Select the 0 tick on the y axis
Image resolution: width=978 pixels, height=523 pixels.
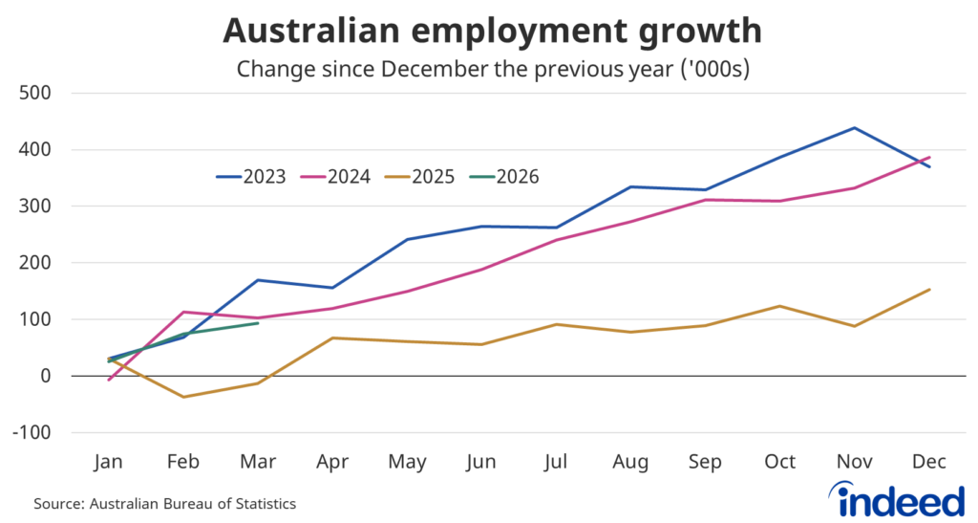pyautogui.click(x=46, y=376)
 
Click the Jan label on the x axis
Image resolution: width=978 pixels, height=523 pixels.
pyautogui.click(x=109, y=462)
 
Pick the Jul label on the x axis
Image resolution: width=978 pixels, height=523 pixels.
pyautogui.click(x=556, y=462)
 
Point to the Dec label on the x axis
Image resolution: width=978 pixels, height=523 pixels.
pyautogui.click(x=929, y=462)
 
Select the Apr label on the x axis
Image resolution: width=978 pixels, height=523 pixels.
pyautogui.click(x=332, y=462)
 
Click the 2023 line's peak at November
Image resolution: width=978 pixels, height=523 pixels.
pyautogui.click(x=854, y=128)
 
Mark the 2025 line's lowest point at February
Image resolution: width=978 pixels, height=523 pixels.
pyautogui.click(x=183, y=397)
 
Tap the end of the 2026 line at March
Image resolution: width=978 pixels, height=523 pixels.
pyautogui.click(x=258, y=323)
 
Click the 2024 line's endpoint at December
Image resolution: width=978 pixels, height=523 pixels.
pyautogui.click(x=929, y=158)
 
